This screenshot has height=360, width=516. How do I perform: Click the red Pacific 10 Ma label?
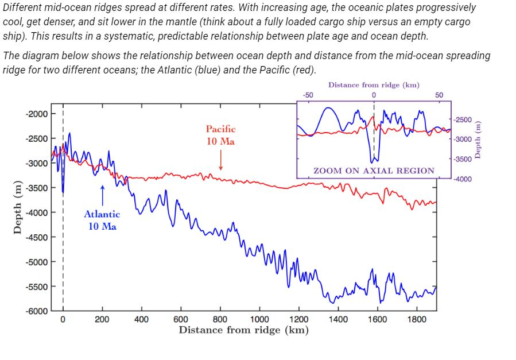(220, 135)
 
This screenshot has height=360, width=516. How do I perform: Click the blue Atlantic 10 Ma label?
(102, 220)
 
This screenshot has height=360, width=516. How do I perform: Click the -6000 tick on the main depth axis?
(37, 311)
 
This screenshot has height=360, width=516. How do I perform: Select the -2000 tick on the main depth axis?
(37, 114)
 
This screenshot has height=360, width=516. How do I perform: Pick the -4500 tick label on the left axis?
(37, 237)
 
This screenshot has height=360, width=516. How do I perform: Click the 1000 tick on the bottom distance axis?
(259, 319)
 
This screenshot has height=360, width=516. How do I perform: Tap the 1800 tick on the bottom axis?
(417, 319)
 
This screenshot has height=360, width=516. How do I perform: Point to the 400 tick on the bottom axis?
(142, 319)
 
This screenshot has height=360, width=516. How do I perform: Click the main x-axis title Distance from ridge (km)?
(243, 330)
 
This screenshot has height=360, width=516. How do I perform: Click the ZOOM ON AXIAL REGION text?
(374, 171)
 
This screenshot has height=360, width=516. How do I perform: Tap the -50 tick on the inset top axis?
(308, 95)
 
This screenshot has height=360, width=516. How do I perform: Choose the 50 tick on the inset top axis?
(440, 95)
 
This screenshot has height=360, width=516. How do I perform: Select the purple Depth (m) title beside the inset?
(480, 140)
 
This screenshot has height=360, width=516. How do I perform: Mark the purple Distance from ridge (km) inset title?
(374, 85)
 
